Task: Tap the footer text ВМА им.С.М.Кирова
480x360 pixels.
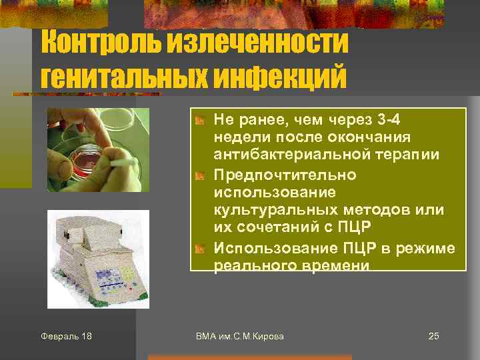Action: point(240,336)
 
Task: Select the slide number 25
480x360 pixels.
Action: point(433,336)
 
